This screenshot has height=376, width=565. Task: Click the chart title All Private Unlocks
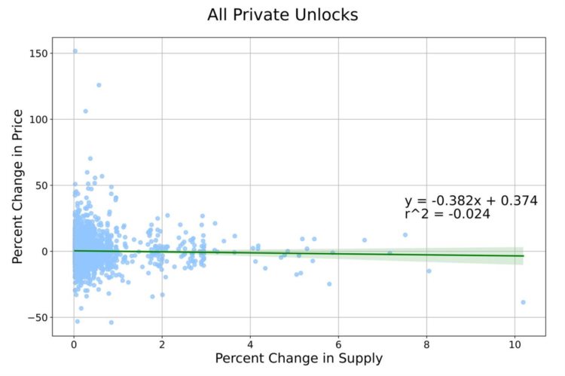pyautogui.click(x=282, y=15)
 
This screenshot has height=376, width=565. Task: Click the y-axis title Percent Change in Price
pyautogui.click(x=18, y=187)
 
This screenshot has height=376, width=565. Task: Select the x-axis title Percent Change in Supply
pyautogui.click(x=298, y=358)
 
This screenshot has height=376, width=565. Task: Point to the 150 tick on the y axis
pyautogui.click(x=39, y=53)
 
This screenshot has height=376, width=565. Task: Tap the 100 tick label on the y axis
pyautogui.click(x=39, y=119)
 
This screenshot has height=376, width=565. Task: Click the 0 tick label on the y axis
pyautogui.click(x=44, y=251)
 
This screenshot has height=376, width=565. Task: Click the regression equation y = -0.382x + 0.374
pyautogui.click(x=471, y=200)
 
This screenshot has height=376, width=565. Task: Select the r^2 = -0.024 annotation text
pyautogui.click(x=447, y=214)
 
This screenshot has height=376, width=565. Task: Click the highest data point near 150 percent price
pyautogui.click(x=75, y=51)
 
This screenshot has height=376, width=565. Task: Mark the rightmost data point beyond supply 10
pyautogui.click(x=523, y=302)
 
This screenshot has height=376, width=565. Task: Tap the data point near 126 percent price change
pyautogui.click(x=99, y=85)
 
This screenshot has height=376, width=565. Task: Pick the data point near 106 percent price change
pyautogui.click(x=85, y=111)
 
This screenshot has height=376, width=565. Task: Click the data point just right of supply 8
pyautogui.click(x=429, y=271)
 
